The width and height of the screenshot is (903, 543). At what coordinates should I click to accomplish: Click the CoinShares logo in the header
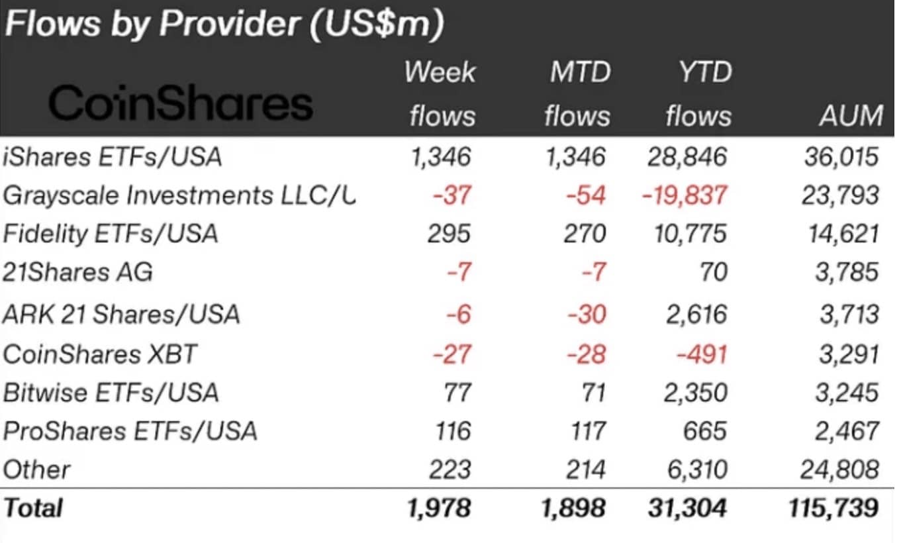tap(181, 103)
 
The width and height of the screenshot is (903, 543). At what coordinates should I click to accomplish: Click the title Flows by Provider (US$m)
tap(224, 25)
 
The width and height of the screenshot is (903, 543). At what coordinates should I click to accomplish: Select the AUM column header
tap(851, 116)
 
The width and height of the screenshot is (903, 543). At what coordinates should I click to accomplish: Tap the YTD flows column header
tap(698, 94)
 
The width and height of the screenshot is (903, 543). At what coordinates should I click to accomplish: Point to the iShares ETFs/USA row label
tap(113, 156)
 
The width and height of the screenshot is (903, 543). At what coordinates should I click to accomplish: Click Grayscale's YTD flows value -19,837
tap(685, 195)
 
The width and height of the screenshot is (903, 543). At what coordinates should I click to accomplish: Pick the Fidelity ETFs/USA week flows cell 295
tap(449, 234)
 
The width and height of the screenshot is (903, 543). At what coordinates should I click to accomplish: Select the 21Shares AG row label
tap(78, 271)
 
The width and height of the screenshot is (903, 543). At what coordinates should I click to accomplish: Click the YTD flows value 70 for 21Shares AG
tap(714, 271)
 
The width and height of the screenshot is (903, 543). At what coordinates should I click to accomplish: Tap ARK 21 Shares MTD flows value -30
tap(587, 315)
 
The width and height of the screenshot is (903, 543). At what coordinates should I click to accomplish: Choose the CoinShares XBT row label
tap(99, 354)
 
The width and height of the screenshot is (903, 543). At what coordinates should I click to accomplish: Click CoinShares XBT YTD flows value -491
tap(702, 354)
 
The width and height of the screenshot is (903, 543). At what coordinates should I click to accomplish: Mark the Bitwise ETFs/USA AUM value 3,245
tap(847, 393)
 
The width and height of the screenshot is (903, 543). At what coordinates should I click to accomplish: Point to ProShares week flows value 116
tap(453, 431)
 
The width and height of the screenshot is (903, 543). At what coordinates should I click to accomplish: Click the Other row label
tap(36, 469)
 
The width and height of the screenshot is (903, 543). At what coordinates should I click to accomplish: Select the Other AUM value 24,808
tap(839, 469)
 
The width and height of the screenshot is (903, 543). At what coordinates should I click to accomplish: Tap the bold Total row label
tap(33, 507)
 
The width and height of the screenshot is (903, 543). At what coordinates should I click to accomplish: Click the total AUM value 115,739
tap(833, 507)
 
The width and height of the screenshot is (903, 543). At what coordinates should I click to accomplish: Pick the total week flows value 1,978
tap(439, 507)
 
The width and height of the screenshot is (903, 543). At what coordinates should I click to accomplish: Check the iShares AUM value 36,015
tap(841, 156)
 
